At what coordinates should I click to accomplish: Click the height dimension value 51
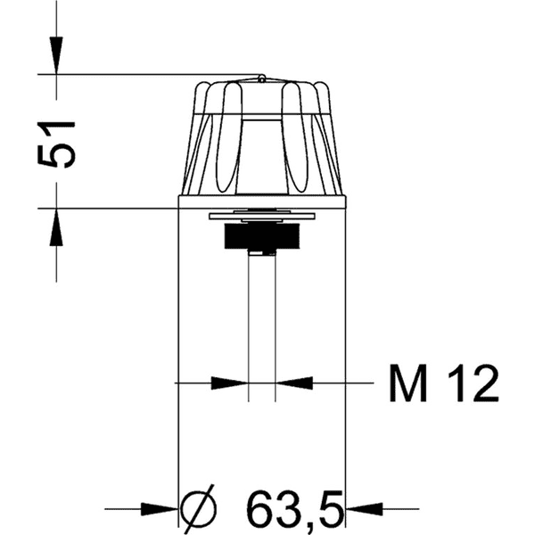56,141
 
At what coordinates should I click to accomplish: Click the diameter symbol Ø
198,509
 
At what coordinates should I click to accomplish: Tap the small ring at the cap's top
261,78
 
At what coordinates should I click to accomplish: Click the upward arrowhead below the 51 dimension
56,229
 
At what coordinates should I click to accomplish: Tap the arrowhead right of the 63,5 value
364,509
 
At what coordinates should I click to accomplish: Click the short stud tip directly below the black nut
261,254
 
